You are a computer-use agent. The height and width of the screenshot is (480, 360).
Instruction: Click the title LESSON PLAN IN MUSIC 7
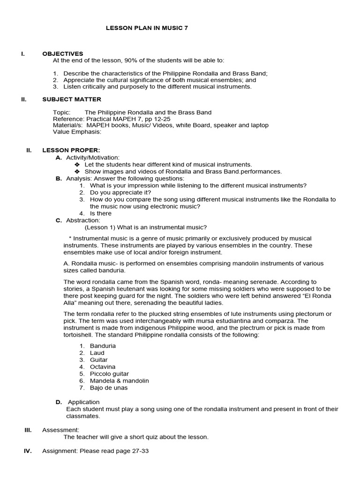[148, 28]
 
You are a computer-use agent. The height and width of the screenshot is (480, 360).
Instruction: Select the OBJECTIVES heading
[62, 54]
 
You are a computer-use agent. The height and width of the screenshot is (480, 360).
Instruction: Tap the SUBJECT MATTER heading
[71, 99]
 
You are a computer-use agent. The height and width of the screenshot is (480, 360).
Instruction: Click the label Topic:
[62, 112]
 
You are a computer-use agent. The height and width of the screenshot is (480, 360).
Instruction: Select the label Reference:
[70, 119]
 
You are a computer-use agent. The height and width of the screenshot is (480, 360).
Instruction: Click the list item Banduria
[103, 346]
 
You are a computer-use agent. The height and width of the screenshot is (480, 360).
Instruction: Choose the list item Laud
[97, 353]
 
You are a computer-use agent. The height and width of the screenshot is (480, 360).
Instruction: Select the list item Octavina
[103, 367]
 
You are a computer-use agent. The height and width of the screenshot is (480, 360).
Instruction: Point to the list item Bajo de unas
[109, 388]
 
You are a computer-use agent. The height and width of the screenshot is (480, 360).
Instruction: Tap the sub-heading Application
[84, 402]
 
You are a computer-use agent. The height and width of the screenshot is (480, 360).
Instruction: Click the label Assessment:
[61, 430]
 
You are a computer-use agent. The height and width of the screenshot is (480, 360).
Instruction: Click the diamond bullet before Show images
[77, 172]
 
